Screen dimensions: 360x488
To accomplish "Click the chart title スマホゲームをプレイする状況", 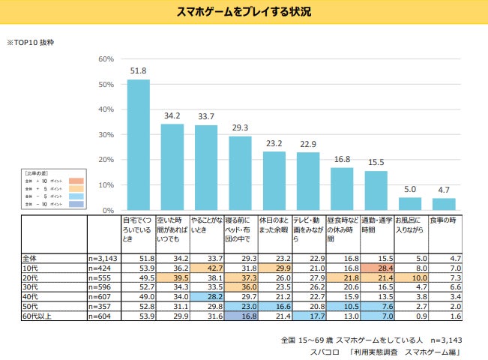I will coord(244,11).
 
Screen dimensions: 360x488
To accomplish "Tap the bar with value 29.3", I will coord(240,173).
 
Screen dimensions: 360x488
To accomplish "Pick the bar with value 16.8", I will coord(342,189).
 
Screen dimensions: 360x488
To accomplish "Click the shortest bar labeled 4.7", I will coord(444,204).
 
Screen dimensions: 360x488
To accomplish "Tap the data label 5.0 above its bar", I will coord(410,189).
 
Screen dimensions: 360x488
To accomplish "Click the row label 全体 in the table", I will coord(30,257).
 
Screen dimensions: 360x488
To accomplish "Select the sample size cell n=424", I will coord(100,267).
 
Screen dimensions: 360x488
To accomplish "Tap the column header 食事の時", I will coord(444,220).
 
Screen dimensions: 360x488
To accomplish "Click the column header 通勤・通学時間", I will coord(376,225).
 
